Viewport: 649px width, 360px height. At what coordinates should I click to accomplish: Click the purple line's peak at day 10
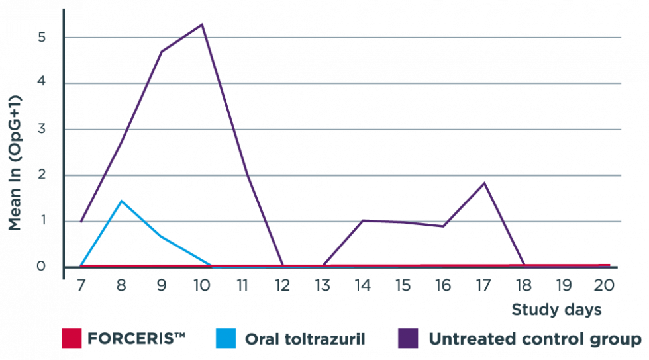[201, 24]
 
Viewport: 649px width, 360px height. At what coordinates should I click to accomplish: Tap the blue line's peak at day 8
[121, 200]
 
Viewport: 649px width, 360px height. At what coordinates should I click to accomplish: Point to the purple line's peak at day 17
[484, 183]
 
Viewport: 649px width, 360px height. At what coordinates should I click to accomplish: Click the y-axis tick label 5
[41, 37]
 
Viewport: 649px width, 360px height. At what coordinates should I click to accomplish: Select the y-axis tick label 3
[41, 129]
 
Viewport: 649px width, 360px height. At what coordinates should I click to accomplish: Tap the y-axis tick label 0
[41, 267]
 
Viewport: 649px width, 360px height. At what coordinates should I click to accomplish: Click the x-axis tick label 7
[81, 285]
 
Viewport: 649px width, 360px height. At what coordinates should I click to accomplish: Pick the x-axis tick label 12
[282, 285]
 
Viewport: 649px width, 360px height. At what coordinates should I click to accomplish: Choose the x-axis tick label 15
[403, 285]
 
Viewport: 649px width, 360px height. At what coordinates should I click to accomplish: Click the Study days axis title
[556, 310]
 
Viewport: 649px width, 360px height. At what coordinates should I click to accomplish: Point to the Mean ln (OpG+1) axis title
[15, 163]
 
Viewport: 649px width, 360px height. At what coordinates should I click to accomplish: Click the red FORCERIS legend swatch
[71, 339]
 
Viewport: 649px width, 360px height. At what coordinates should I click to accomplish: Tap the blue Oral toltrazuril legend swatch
[226, 339]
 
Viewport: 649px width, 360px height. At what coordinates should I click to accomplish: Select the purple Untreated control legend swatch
[407, 339]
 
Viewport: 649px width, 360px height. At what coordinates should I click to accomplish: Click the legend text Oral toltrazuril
[305, 339]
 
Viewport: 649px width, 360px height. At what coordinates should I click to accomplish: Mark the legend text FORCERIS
[136, 339]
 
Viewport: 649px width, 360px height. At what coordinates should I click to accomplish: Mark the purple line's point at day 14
[363, 220]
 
